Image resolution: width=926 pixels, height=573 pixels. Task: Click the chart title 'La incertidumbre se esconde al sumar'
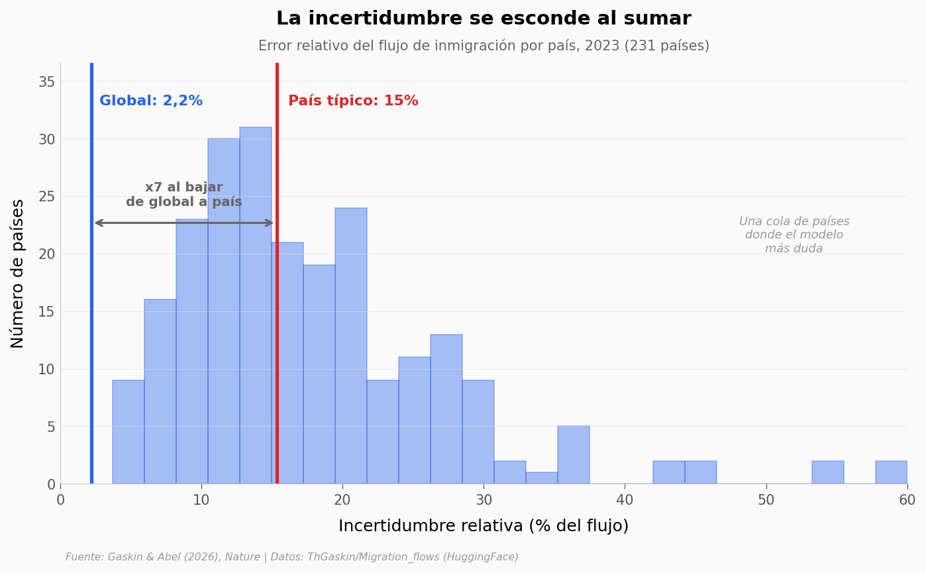(484, 19)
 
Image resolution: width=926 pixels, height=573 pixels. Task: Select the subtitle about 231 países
(484, 46)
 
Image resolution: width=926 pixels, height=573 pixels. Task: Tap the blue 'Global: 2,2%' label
(151, 101)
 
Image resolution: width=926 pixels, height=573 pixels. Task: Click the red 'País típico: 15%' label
(353, 101)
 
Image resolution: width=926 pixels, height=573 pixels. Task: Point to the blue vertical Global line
(92, 274)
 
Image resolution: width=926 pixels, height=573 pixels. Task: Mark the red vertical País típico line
(277, 274)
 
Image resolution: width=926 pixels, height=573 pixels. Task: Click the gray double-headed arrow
(184, 223)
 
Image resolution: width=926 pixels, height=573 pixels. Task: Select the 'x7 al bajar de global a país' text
(184, 194)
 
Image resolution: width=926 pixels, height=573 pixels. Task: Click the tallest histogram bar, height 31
(256, 305)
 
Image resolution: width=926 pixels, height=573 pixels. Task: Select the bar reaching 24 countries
(351, 346)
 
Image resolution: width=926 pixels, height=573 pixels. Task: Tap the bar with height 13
(446, 409)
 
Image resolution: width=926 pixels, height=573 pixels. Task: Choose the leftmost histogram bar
(128, 432)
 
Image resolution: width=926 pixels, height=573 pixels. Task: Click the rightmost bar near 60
(892, 472)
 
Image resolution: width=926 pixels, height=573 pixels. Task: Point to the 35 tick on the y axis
(47, 82)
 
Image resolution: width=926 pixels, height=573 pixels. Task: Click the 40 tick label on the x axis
(625, 500)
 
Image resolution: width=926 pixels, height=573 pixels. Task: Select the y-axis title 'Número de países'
(17, 274)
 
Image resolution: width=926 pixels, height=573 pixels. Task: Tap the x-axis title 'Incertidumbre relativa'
(484, 526)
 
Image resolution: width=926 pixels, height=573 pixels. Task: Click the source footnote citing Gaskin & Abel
(292, 557)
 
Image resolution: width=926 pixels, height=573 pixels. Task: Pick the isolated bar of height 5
(574, 455)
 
